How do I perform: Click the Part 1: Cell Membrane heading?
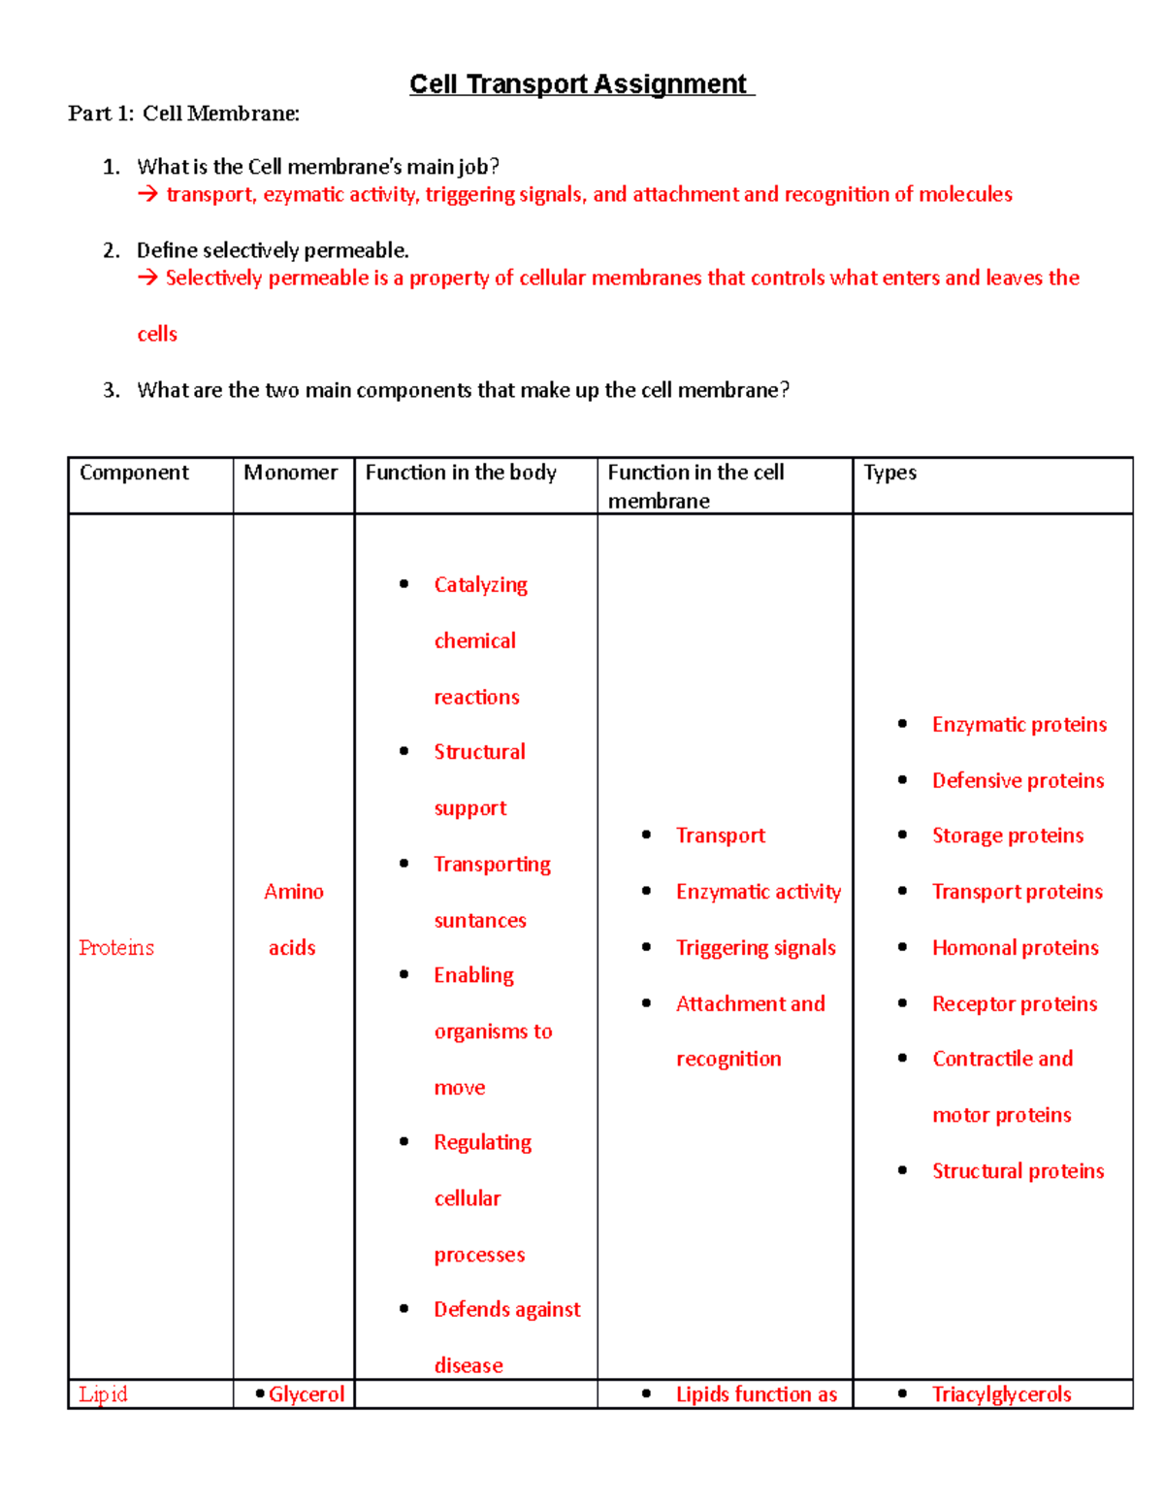tap(183, 114)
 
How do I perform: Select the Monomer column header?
tap(290, 473)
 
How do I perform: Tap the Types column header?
tap(889, 473)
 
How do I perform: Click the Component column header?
tap(134, 473)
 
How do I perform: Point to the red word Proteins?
tap(116, 948)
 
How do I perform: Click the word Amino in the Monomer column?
tap(294, 892)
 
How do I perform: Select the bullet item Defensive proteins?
tap(1018, 781)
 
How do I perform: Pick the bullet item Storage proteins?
tap(1008, 836)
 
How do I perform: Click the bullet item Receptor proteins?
tap(1015, 1004)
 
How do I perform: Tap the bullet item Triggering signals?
tap(756, 948)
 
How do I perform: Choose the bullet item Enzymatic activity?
tap(759, 892)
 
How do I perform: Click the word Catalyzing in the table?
tap(481, 585)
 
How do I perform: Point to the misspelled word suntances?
tap(480, 921)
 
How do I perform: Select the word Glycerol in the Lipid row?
tap(307, 1394)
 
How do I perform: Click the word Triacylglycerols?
tap(1001, 1394)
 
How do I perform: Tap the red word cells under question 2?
tap(157, 335)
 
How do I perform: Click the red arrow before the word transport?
tap(147, 195)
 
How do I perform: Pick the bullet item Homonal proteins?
tap(1016, 948)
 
